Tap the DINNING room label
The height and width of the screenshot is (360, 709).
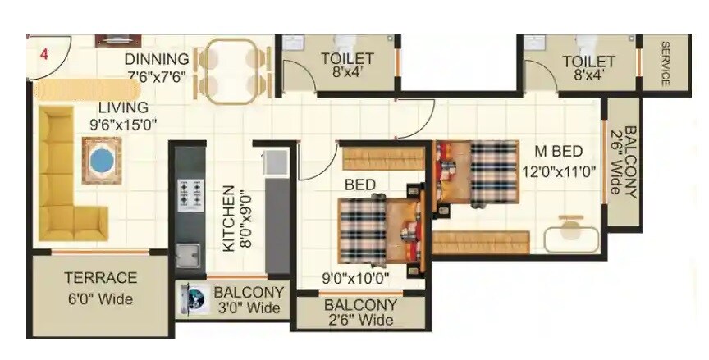point(157,60)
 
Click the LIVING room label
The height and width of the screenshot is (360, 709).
point(123,107)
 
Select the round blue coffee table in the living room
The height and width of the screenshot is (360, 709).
point(101,160)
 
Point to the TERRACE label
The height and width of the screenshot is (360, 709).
point(100,278)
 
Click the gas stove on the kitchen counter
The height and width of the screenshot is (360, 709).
point(190,194)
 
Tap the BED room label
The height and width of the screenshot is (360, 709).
point(359,185)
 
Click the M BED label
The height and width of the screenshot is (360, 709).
point(558,152)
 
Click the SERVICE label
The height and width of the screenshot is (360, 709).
point(665,63)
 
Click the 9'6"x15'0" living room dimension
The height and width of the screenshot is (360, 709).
point(123,125)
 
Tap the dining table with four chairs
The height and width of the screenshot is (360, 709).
point(237,71)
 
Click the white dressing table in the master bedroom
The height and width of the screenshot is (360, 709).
point(572,235)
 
